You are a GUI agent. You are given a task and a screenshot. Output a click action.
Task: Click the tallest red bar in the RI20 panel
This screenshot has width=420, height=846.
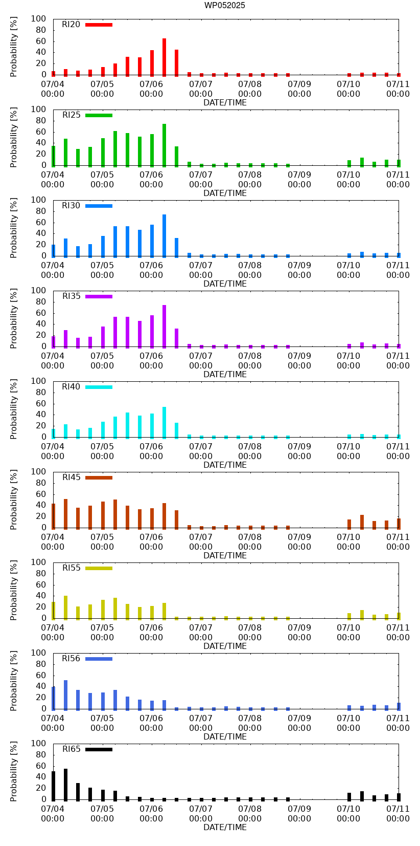point(164,57)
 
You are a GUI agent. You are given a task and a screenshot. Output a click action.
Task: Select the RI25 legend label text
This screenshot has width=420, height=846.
point(72,115)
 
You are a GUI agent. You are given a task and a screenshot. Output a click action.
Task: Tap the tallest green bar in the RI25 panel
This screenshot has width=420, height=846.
point(164,145)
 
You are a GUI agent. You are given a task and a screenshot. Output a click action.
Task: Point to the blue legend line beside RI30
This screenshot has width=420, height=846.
point(99,206)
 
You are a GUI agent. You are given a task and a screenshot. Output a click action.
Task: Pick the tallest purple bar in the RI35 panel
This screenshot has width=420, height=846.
point(164,326)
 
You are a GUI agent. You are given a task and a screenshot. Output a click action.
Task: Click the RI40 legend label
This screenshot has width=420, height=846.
point(71,387)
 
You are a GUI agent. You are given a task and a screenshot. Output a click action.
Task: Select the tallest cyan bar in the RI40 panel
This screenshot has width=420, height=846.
point(164,422)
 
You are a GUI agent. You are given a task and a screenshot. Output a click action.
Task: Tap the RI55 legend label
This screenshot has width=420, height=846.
point(72,568)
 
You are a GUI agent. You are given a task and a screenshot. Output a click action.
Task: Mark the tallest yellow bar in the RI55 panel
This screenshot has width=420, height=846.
point(65,607)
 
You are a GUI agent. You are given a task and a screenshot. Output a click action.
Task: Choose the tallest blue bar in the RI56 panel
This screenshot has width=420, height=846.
point(65,695)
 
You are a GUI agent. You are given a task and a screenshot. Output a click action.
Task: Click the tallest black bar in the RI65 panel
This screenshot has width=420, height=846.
point(65,784)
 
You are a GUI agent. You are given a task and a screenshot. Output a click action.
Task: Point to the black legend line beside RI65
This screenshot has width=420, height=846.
point(99,749)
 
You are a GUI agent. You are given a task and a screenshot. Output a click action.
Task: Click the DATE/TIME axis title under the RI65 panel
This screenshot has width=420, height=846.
point(225,827)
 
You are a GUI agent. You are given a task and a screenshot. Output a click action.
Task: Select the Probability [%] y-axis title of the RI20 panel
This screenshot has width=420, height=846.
point(14,47)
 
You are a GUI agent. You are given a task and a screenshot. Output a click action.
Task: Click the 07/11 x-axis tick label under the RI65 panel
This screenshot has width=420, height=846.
point(398,813)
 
